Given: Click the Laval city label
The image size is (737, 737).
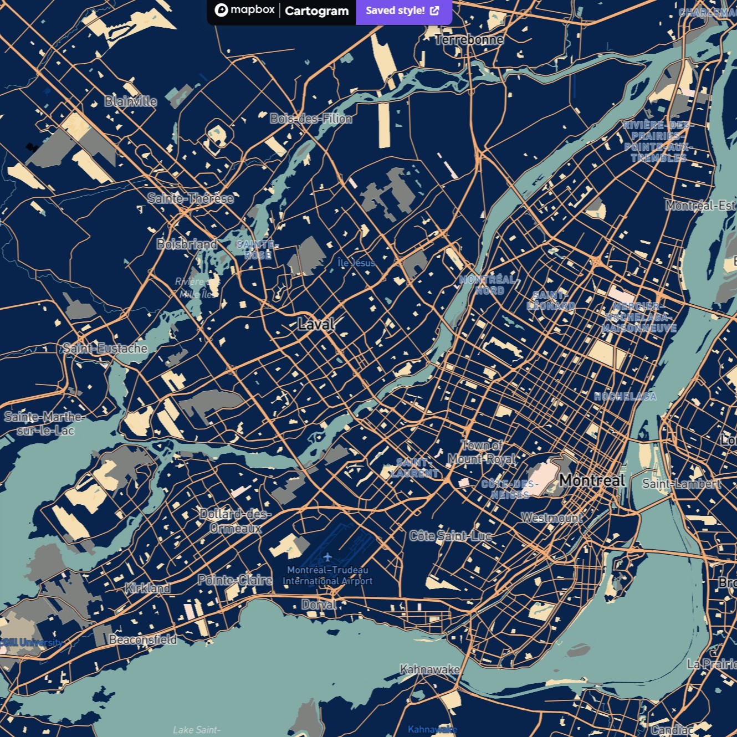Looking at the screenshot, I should coord(316,324).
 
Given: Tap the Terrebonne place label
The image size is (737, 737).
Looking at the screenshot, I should coord(469,40).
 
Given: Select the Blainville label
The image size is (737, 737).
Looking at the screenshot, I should coord(131,101).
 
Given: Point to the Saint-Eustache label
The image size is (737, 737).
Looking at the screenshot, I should coord(105,349).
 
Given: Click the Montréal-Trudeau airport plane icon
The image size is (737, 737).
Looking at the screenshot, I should coord(327,556).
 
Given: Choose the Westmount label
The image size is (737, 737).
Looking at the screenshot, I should coord(552,518).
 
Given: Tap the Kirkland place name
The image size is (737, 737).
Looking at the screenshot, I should coord(147,588).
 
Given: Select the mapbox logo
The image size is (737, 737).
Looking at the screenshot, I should coord(244,10).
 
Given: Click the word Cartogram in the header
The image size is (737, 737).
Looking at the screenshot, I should coord(316,11).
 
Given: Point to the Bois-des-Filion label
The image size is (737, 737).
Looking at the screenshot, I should coord(311,119).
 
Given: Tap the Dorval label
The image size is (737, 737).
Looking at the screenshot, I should coord(319,605).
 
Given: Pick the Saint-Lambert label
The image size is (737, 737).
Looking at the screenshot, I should coord(682,484).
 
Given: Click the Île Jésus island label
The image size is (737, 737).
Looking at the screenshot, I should coord(356,263).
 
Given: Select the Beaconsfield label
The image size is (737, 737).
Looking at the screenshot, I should coord(142,639).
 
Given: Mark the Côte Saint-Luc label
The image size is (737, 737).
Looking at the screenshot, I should coord(451,536).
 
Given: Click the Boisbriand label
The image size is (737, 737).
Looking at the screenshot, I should coord(187,244).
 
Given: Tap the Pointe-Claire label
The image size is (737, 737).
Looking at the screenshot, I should coord(235,580).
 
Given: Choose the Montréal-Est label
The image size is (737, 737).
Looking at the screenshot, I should coord(701,206).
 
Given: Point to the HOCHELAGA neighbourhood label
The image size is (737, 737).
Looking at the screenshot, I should coord(625,396).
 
